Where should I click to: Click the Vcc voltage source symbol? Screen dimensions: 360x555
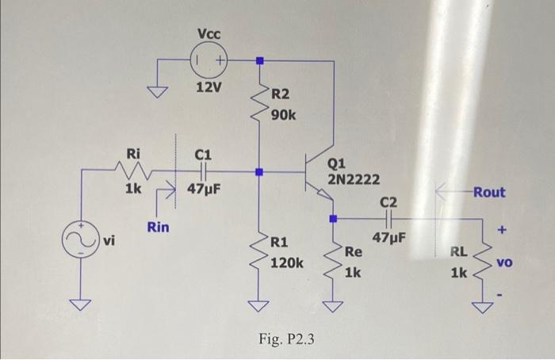coord(209,59)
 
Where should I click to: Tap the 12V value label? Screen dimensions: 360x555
coord(209,86)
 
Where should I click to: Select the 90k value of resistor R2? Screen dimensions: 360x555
coord(283,115)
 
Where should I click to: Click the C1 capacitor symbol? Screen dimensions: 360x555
coord(204,170)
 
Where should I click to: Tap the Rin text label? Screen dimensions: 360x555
coord(158,228)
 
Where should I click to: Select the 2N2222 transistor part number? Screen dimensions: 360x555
coord(354,179)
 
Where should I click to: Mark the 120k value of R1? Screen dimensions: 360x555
coord(286,261)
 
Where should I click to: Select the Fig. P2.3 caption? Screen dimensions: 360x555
coord(286,339)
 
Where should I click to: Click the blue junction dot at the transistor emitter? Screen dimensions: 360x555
coord(333,217)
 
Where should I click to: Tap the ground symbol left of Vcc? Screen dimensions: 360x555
coord(161,91)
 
